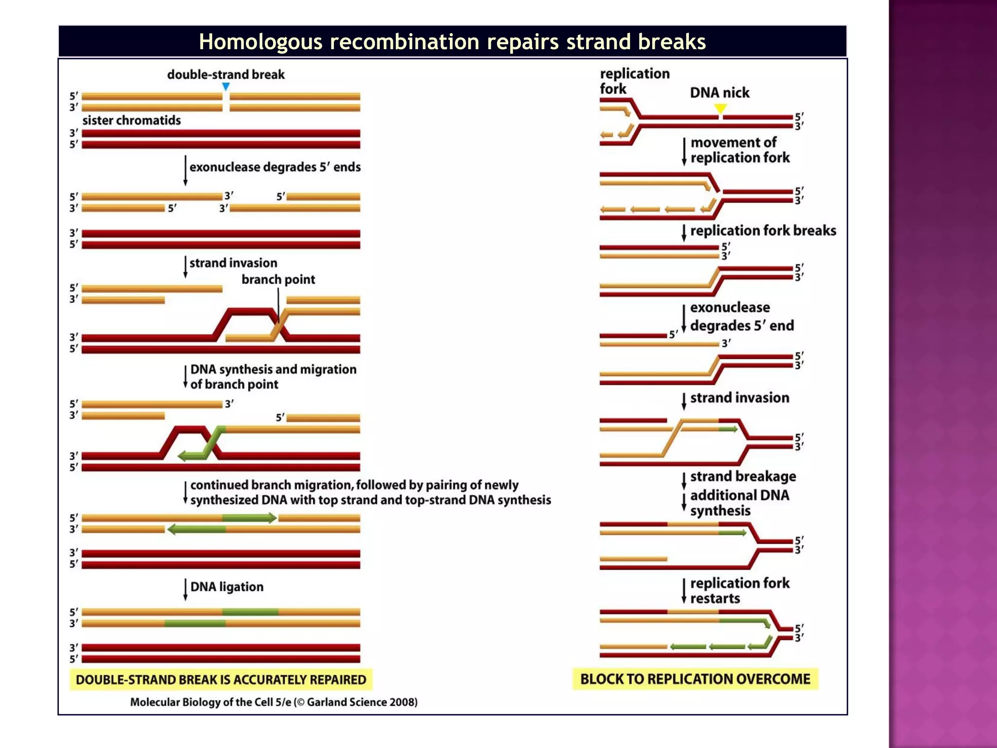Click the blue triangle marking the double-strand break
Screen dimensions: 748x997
(x=226, y=87)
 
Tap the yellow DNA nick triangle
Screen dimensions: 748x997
(x=720, y=108)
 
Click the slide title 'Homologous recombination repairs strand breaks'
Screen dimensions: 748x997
(x=452, y=42)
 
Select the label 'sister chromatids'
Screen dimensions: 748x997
(x=131, y=120)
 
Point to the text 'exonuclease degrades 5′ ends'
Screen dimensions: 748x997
(x=275, y=167)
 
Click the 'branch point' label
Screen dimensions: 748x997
(x=278, y=280)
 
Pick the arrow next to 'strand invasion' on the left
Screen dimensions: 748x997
(x=185, y=267)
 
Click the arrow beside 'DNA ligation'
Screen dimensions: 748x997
(x=185, y=589)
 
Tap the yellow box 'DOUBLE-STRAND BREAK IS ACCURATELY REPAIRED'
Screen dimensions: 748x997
(x=221, y=679)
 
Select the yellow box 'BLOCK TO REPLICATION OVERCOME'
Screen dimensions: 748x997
(x=695, y=679)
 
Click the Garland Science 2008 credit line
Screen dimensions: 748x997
(x=274, y=702)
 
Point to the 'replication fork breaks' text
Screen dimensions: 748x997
(x=763, y=230)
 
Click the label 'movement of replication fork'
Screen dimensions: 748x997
(x=739, y=150)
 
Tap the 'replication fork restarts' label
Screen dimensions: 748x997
(x=739, y=590)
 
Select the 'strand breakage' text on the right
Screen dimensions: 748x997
(x=743, y=476)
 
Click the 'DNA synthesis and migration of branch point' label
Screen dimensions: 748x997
(x=273, y=376)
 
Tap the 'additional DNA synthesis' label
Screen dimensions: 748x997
(x=739, y=503)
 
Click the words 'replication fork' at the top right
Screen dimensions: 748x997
(x=634, y=81)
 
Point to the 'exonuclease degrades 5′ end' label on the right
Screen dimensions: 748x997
(x=741, y=317)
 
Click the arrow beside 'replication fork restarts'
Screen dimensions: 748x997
(x=684, y=591)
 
